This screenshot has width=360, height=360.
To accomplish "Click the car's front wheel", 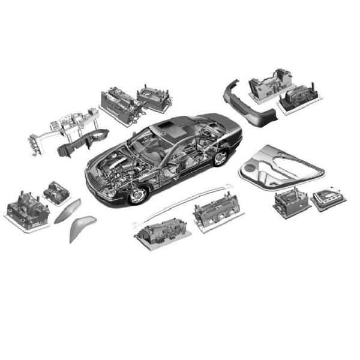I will click(137, 195).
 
